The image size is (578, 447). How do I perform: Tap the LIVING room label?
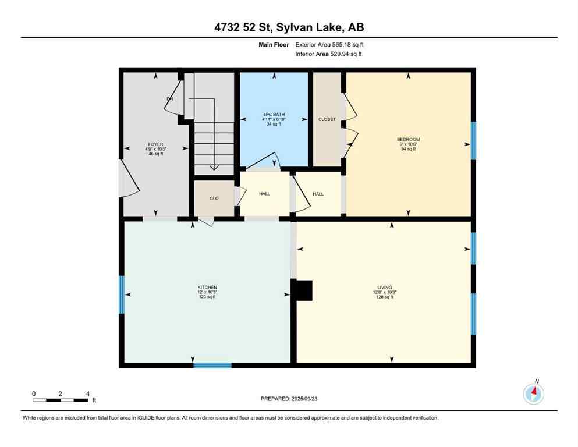click(384, 288)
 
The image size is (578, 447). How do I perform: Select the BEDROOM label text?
click(408, 140)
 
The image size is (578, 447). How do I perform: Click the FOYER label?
click(155, 144)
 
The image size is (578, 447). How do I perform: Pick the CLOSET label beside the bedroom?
click(327, 119)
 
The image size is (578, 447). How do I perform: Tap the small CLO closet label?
click(214, 198)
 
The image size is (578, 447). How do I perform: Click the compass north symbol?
click(533, 394)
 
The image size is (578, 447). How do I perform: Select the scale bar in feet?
click(61, 400)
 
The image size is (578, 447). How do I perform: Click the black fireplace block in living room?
click(304, 290)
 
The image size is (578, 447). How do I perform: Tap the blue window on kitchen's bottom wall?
click(212, 366)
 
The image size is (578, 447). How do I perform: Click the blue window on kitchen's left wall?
click(122, 295)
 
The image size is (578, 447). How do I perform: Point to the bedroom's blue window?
click(473, 140)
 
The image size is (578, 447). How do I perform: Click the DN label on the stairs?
click(170, 99)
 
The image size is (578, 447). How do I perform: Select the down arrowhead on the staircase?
click(214, 167)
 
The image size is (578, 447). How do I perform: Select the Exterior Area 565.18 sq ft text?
click(330, 44)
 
